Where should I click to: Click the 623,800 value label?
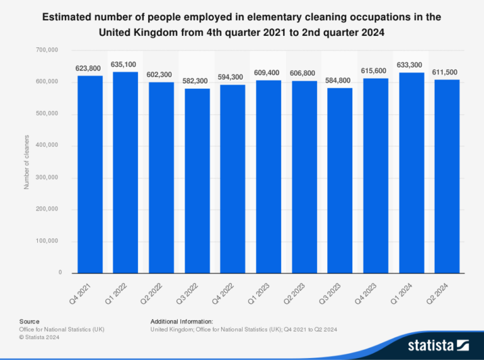[x=89, y=68]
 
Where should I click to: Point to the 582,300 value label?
[x=197, y=81]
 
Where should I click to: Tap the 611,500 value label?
[x=446, y=73]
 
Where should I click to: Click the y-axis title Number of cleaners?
[x=26, y=161]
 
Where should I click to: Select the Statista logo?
[x=438, y=345]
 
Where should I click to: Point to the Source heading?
[x=29, y=322]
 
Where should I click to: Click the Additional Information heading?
[x=181, y=322]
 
